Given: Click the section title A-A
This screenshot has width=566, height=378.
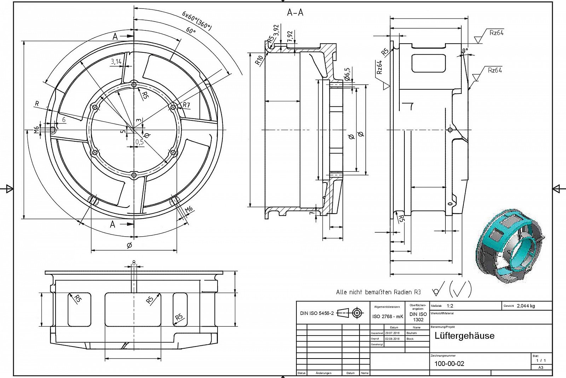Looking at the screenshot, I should click(x=295, y=13).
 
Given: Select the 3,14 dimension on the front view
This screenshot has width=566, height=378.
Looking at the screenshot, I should click(x=116, y=62).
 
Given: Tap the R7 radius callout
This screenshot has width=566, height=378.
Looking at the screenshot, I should click(x=186, y=105).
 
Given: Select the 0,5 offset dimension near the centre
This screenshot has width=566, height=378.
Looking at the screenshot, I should click(x=139, y=142).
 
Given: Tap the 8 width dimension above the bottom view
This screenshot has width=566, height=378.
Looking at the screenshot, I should click(x=134, y=263).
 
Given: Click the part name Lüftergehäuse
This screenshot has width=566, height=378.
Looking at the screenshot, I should click(x=464, y=335).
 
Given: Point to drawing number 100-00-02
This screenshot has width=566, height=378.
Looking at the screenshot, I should click(x=449, y=363).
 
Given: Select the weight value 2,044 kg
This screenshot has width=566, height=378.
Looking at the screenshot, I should click(x=526, y=306).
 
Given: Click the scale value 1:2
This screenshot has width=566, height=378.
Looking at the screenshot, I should click(x=450, y=306).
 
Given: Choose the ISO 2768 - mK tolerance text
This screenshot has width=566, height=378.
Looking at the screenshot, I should click(x=387, y=316).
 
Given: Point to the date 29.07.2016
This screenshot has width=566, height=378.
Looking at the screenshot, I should click(x=392, y=333).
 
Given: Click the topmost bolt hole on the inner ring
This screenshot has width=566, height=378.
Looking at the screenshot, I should click(x=134, y=84).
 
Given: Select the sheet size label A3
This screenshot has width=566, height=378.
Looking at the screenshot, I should click(x=541, y=367).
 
